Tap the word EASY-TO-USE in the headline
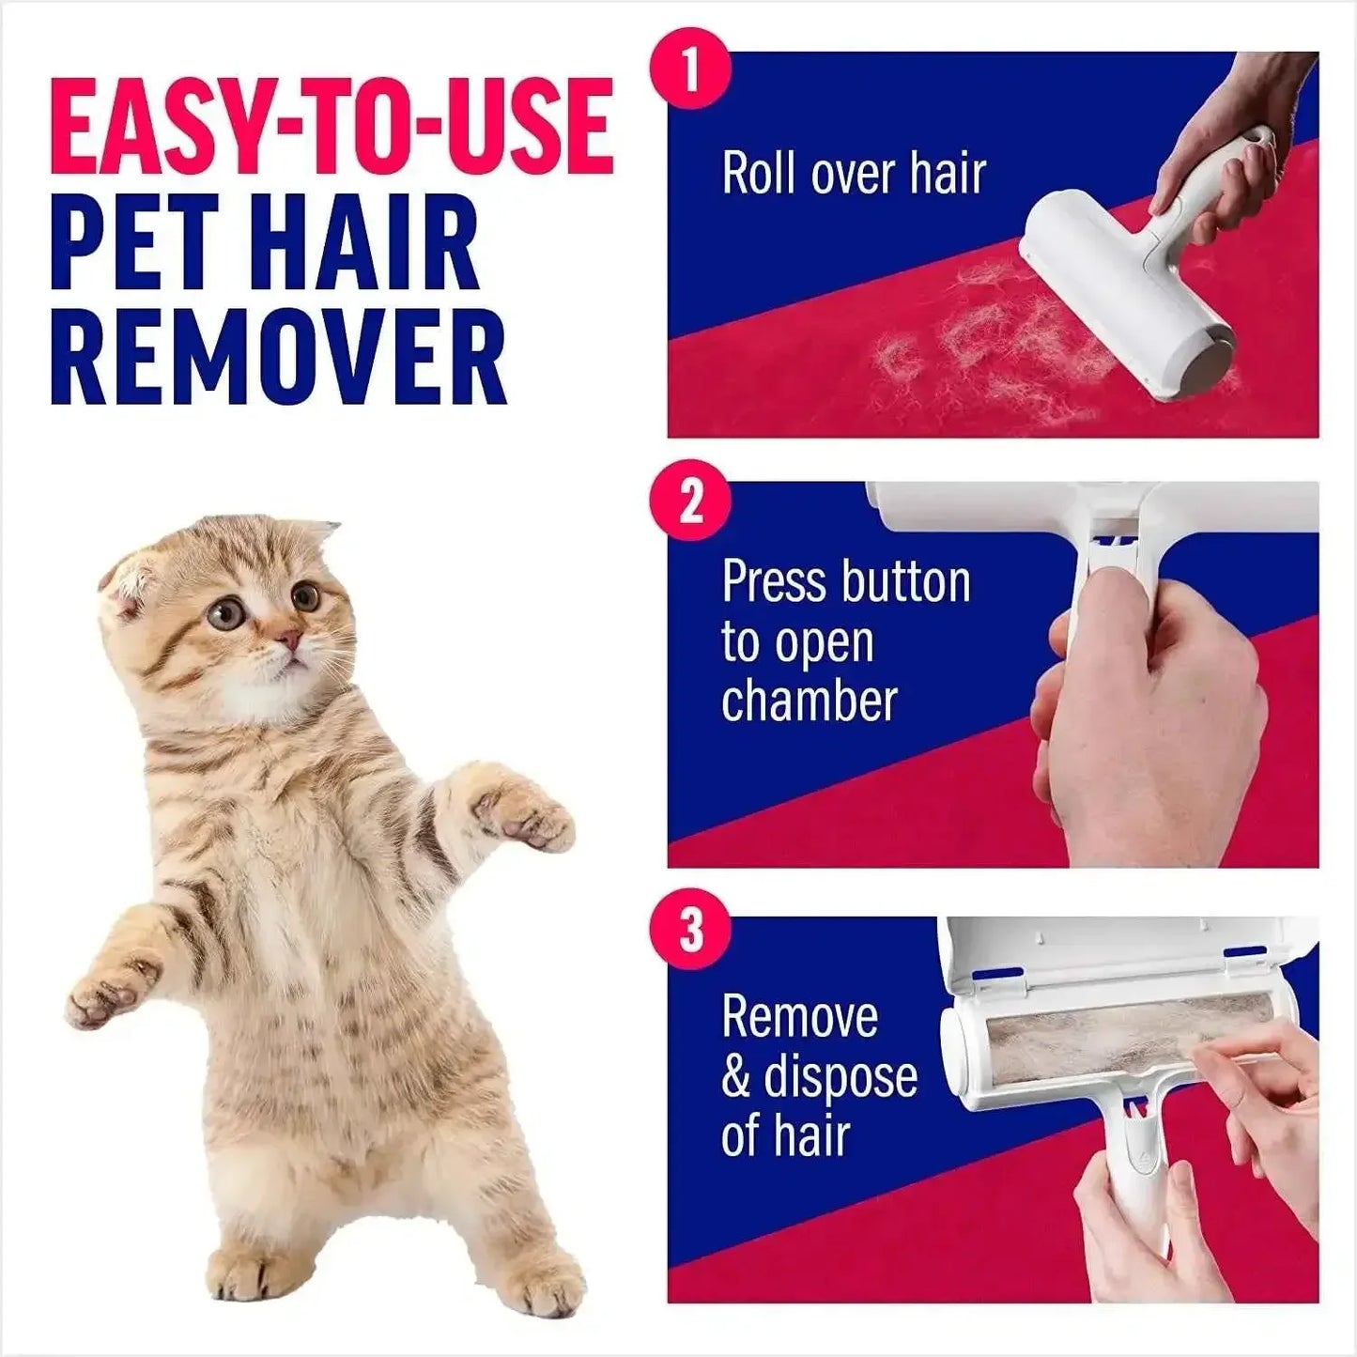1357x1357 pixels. coord(332,129)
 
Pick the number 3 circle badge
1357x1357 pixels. coord(691,931)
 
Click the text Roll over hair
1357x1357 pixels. coord(853,174)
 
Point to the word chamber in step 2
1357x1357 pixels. coord(809,702)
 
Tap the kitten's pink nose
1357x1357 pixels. coord(288,640)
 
